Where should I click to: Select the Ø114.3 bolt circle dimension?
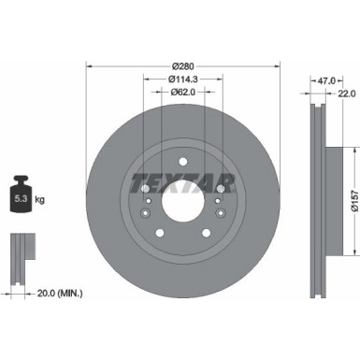182,79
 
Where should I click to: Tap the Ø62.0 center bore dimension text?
182,94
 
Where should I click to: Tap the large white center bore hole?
182,196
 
